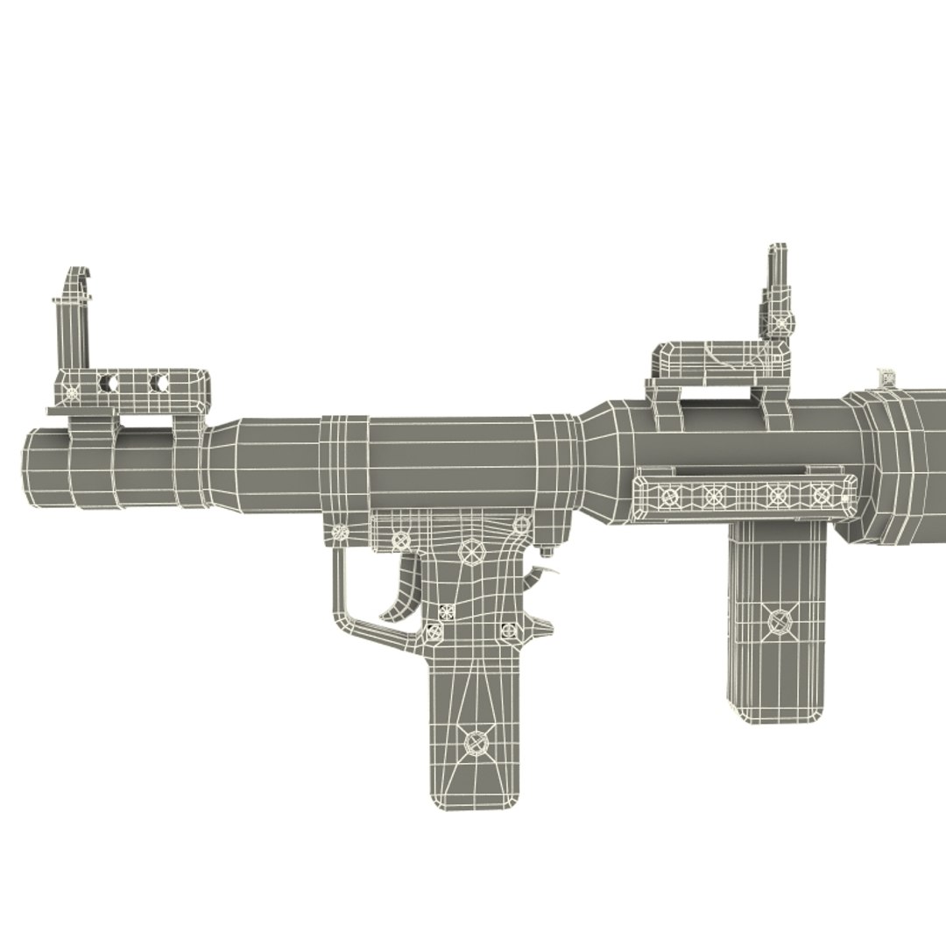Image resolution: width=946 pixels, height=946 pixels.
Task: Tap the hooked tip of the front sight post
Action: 80,273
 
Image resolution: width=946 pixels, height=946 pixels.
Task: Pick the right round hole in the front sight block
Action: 159,383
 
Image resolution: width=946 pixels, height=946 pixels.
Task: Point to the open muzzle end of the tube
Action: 26,468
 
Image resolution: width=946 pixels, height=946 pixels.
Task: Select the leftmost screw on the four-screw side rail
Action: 670,497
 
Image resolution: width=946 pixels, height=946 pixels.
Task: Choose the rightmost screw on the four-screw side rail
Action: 821,495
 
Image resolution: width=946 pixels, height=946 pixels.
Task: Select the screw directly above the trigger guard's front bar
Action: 337,531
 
